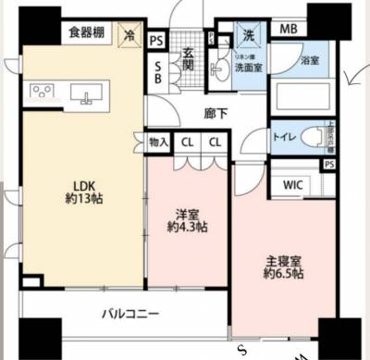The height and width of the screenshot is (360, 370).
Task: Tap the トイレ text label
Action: point(283,137)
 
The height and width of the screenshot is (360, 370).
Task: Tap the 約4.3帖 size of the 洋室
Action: point(187,227)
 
